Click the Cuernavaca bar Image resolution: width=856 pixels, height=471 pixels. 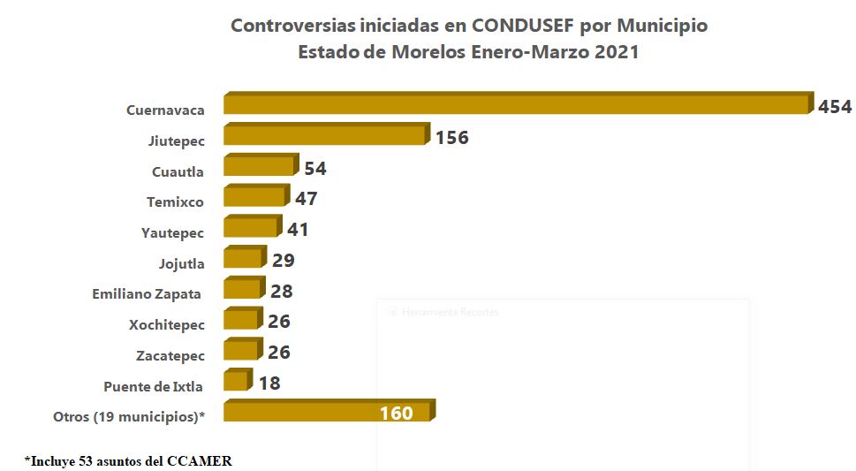tap(517, 104)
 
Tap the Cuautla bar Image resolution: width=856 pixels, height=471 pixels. tap(259, 166)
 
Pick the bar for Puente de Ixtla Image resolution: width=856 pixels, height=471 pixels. tap(237, 381)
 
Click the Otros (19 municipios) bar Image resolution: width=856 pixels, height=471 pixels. tap(327, 412)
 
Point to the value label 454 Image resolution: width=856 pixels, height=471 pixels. tap(835, 107)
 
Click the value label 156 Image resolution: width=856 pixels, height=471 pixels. tap(451, 138)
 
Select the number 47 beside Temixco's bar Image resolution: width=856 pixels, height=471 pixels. tap(306, 199)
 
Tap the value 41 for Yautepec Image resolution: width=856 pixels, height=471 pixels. tap(298, 230)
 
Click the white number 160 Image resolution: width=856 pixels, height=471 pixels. tap(397, 414)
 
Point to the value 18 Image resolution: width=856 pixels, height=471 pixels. tap(269, 384)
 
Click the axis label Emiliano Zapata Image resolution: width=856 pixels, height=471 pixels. tap(147, 294)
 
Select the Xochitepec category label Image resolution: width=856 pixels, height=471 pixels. tap(166, 325)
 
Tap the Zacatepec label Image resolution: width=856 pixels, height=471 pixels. tap(170, 356)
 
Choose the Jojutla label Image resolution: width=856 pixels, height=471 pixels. tap(181, 263)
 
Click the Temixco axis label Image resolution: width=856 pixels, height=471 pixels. tap(175, 202)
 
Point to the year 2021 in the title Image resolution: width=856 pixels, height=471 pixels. tap(617, 52)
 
